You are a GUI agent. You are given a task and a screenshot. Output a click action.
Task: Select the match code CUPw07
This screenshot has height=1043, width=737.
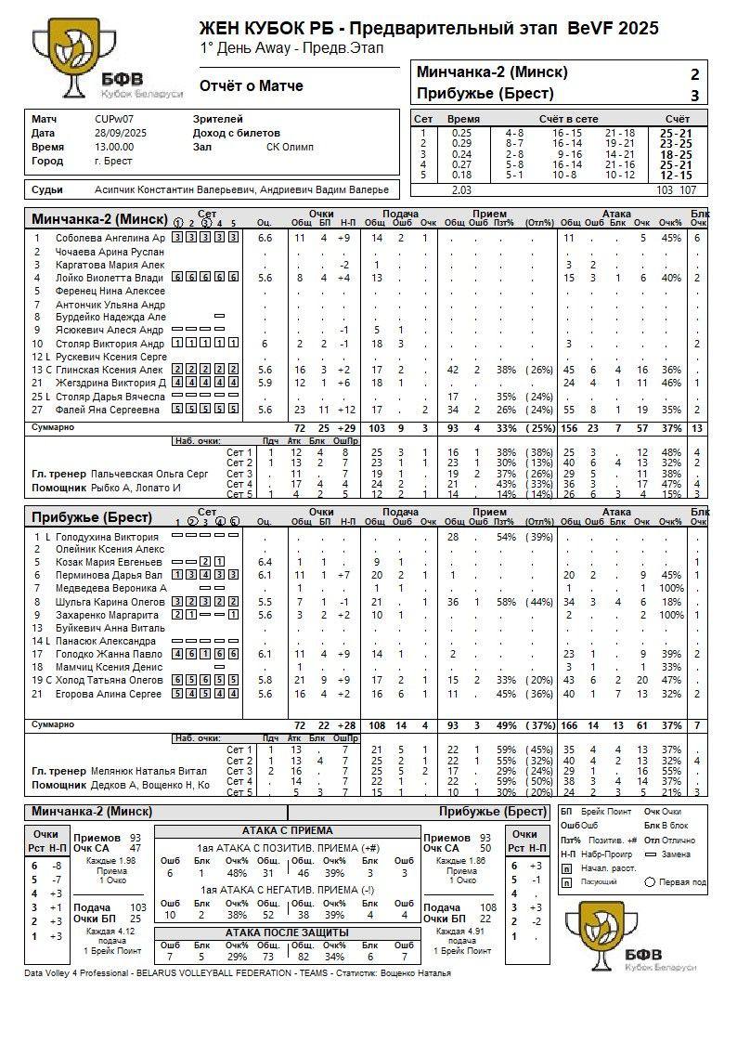point(114,119)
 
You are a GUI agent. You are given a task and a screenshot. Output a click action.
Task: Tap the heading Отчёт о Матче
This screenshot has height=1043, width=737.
point(251,86)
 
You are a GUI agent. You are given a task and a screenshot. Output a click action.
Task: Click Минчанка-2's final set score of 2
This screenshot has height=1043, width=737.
point(694,74)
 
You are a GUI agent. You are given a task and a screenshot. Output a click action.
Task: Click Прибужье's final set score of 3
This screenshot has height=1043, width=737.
point(694,95)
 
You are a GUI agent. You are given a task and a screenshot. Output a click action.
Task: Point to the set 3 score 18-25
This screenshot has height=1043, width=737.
point(675,154)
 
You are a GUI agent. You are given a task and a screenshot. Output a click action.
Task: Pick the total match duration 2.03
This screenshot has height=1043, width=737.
point(460,189)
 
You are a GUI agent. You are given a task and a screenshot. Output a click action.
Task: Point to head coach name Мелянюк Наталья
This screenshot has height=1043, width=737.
point(149,771)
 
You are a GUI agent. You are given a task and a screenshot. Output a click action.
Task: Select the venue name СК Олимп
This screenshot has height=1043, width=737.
point(290,147)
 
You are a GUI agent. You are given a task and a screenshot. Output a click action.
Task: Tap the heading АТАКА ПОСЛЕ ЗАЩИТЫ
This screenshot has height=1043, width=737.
point(287,932)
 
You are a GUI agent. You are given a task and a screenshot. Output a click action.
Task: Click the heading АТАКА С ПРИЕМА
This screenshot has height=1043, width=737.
point(287,830)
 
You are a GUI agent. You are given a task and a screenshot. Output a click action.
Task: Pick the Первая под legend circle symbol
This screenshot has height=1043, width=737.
point(650,881)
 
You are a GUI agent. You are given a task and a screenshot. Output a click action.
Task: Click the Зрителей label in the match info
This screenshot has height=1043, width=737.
point(218,119)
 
